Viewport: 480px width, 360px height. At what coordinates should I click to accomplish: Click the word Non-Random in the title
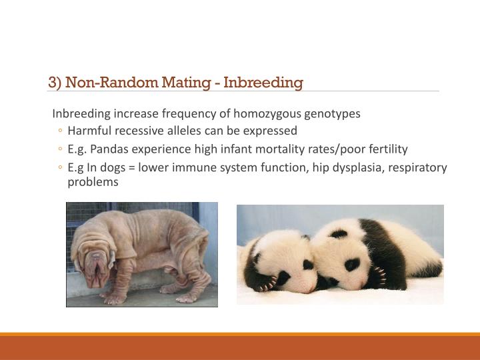pyautogui.click(x=105, y=83)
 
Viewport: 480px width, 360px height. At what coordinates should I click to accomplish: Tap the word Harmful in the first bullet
pyautogui.click(x=88, y=131)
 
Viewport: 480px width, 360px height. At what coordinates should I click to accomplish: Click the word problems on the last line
pyautogui.click(x=93, y=181)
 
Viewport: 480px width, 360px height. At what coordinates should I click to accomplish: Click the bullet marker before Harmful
pyautogui.click(x=60, y=131)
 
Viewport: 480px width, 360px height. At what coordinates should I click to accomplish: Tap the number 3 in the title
pyautogui.click(x=52, y=83)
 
